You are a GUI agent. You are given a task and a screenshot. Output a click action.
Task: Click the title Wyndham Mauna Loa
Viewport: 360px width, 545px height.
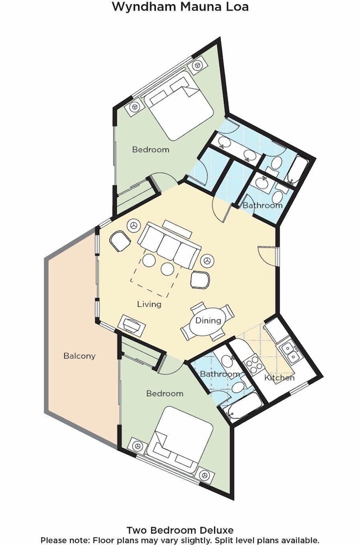(180, 7)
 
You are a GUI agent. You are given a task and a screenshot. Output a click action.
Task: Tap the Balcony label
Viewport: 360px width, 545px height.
(79, 356)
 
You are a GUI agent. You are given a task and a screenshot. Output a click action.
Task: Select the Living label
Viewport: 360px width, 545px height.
(149, 304)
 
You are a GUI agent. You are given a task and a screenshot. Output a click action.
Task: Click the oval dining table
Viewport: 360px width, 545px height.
(208, 321)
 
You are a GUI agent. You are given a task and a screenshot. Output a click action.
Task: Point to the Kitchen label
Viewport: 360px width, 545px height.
(279, 378)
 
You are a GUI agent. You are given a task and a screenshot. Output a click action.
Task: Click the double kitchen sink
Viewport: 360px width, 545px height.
(290, 352)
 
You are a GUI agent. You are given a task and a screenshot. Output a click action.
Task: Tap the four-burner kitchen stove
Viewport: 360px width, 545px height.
(253, 364)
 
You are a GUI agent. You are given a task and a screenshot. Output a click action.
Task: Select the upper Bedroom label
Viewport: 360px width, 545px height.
(151, 149)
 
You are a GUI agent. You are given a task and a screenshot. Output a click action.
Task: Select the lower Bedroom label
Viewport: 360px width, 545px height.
(164, 393)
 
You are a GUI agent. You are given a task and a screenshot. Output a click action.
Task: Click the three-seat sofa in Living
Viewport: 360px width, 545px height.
(169, 246)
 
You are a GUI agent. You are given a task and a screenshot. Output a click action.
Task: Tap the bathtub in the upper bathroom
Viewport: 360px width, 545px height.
(297, 171)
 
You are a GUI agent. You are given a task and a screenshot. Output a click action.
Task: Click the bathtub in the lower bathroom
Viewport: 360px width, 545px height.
(243, 406)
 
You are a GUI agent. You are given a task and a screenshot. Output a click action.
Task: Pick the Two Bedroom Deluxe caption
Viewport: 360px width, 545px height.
(180, 530)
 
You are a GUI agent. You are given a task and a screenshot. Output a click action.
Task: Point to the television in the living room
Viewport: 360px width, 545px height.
(132, 326)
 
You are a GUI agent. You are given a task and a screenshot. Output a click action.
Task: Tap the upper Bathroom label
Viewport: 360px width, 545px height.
(263, 205)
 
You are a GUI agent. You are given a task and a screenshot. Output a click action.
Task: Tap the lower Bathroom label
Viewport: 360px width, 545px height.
(220, 374)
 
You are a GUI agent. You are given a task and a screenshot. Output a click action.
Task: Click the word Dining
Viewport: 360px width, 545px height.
(208, 320)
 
